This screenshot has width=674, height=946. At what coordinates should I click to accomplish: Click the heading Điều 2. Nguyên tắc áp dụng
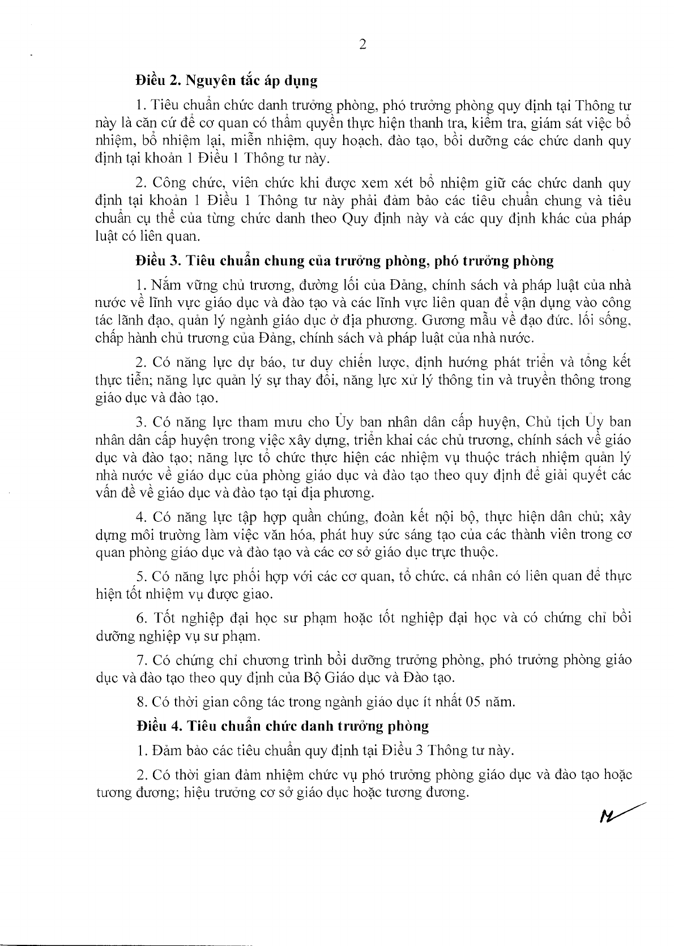[x=226, y=80]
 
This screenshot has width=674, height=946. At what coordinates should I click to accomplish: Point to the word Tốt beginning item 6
[x=163, y=617]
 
